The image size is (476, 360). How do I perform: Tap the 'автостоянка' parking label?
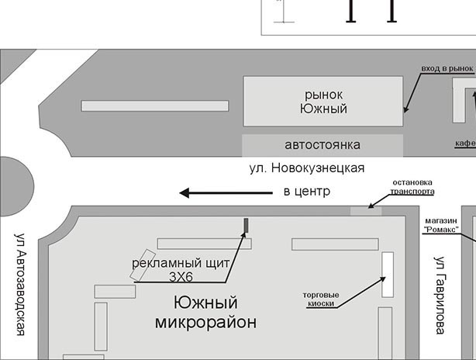coord(323,145)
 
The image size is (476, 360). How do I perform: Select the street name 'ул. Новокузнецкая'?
coord(306,168)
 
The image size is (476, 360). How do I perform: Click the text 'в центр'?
coord(306,191)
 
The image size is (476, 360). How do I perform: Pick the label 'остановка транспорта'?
coord(412,187)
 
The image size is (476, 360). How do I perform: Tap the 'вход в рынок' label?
coord(446,69)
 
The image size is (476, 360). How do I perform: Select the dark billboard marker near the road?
coord(247,225)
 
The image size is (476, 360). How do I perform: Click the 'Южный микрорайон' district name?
coord(205,312)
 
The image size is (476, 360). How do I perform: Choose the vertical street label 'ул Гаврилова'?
coord(440,295)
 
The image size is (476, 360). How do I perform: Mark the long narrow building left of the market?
coord(155,106)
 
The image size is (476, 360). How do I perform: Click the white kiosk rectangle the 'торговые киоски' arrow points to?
coord(387,275)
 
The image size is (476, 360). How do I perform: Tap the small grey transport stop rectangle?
coord(366,210)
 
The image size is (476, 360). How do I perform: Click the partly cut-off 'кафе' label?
coord(465,144)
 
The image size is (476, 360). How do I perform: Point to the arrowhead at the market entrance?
coord(405,111)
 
